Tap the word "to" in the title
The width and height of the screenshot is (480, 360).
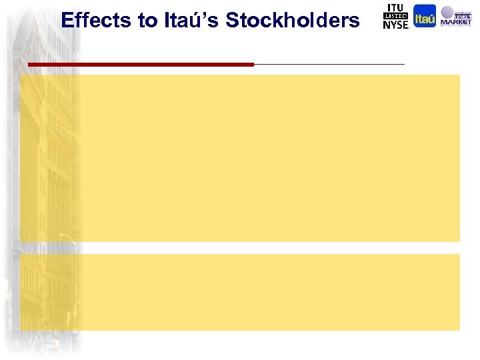[x=147, y=21]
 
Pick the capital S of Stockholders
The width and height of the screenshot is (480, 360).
[x=233, y=21]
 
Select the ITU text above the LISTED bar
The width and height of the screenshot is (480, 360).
[x=395, y=7]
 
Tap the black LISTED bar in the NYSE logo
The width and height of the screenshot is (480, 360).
[x=395, y=16]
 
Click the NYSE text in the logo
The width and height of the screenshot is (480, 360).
[x=395, y=25]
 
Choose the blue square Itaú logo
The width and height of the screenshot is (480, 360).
[x=425, y=16]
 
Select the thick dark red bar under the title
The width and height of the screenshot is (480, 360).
[x=141, y=65]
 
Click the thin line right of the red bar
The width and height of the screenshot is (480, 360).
[x=329, y=64]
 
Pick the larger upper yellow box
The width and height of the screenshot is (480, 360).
[x=240, y=158]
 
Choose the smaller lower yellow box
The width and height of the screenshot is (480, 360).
[x=240, y=292]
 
